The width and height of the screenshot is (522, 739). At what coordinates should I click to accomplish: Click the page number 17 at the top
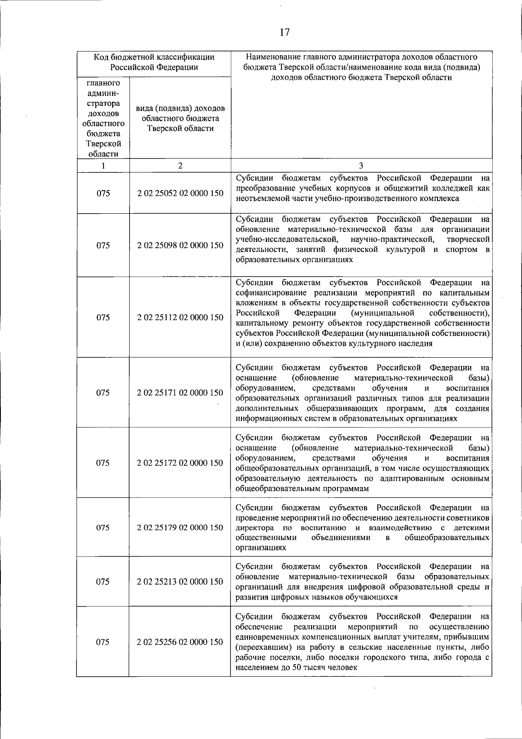point(284,32)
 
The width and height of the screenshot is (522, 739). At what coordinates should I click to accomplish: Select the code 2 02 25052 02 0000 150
point(180,193)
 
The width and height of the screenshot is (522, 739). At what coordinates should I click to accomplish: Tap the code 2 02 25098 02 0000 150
point(180,245)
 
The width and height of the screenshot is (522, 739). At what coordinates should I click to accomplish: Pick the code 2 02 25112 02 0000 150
point(180,317)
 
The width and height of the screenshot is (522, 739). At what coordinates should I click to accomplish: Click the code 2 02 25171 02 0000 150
point(180,393)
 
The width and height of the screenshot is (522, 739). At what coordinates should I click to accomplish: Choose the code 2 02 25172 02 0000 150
point(180,463)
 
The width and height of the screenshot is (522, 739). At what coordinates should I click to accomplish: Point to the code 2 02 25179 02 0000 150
point(180,527)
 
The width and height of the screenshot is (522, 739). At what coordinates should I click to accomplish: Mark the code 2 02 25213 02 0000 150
point(180,581)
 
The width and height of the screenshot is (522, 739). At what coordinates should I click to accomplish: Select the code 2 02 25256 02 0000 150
point(180,642)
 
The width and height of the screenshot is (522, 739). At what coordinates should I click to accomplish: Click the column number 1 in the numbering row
point(103,166)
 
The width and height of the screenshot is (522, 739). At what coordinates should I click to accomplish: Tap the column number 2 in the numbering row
point(180,166)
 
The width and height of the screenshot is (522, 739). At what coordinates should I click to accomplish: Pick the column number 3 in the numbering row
point(361,166)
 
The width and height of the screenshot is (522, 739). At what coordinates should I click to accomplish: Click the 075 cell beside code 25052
point(103,193)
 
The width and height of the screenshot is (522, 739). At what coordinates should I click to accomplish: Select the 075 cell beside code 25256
point(103,642)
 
